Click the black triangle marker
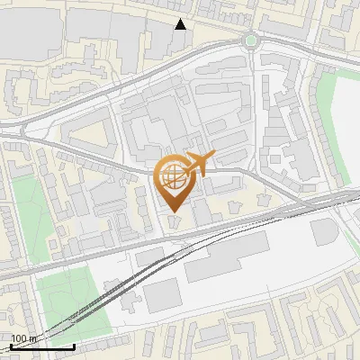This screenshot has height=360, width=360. pyautogui.click(x=181, y=24)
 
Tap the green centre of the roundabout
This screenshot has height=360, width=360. pyautogui.click(x=249, y=40)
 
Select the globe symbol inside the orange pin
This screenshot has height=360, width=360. pyautogui.click(x=174, y=176)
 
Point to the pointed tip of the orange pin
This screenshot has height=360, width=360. pyautogui.click(x=174, y=212)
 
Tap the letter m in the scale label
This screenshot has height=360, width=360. pyautogui.click(x=32, y=338)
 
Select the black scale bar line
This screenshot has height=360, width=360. pyautogui.click(x=41, y=346)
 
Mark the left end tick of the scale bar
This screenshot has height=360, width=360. pyautogui.click(x=10, y=345)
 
